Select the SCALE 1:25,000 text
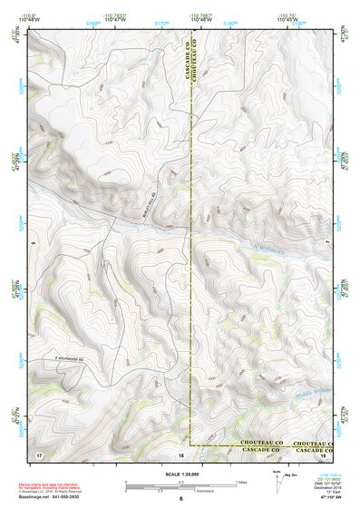pyautogui.click(x=180, y=475)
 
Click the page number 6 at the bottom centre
pyautogui.click(x=180, y=499)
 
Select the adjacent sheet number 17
pyautogui.click(x=38, y=453)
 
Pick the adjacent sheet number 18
pyautogui.click(x=180, y=454)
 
